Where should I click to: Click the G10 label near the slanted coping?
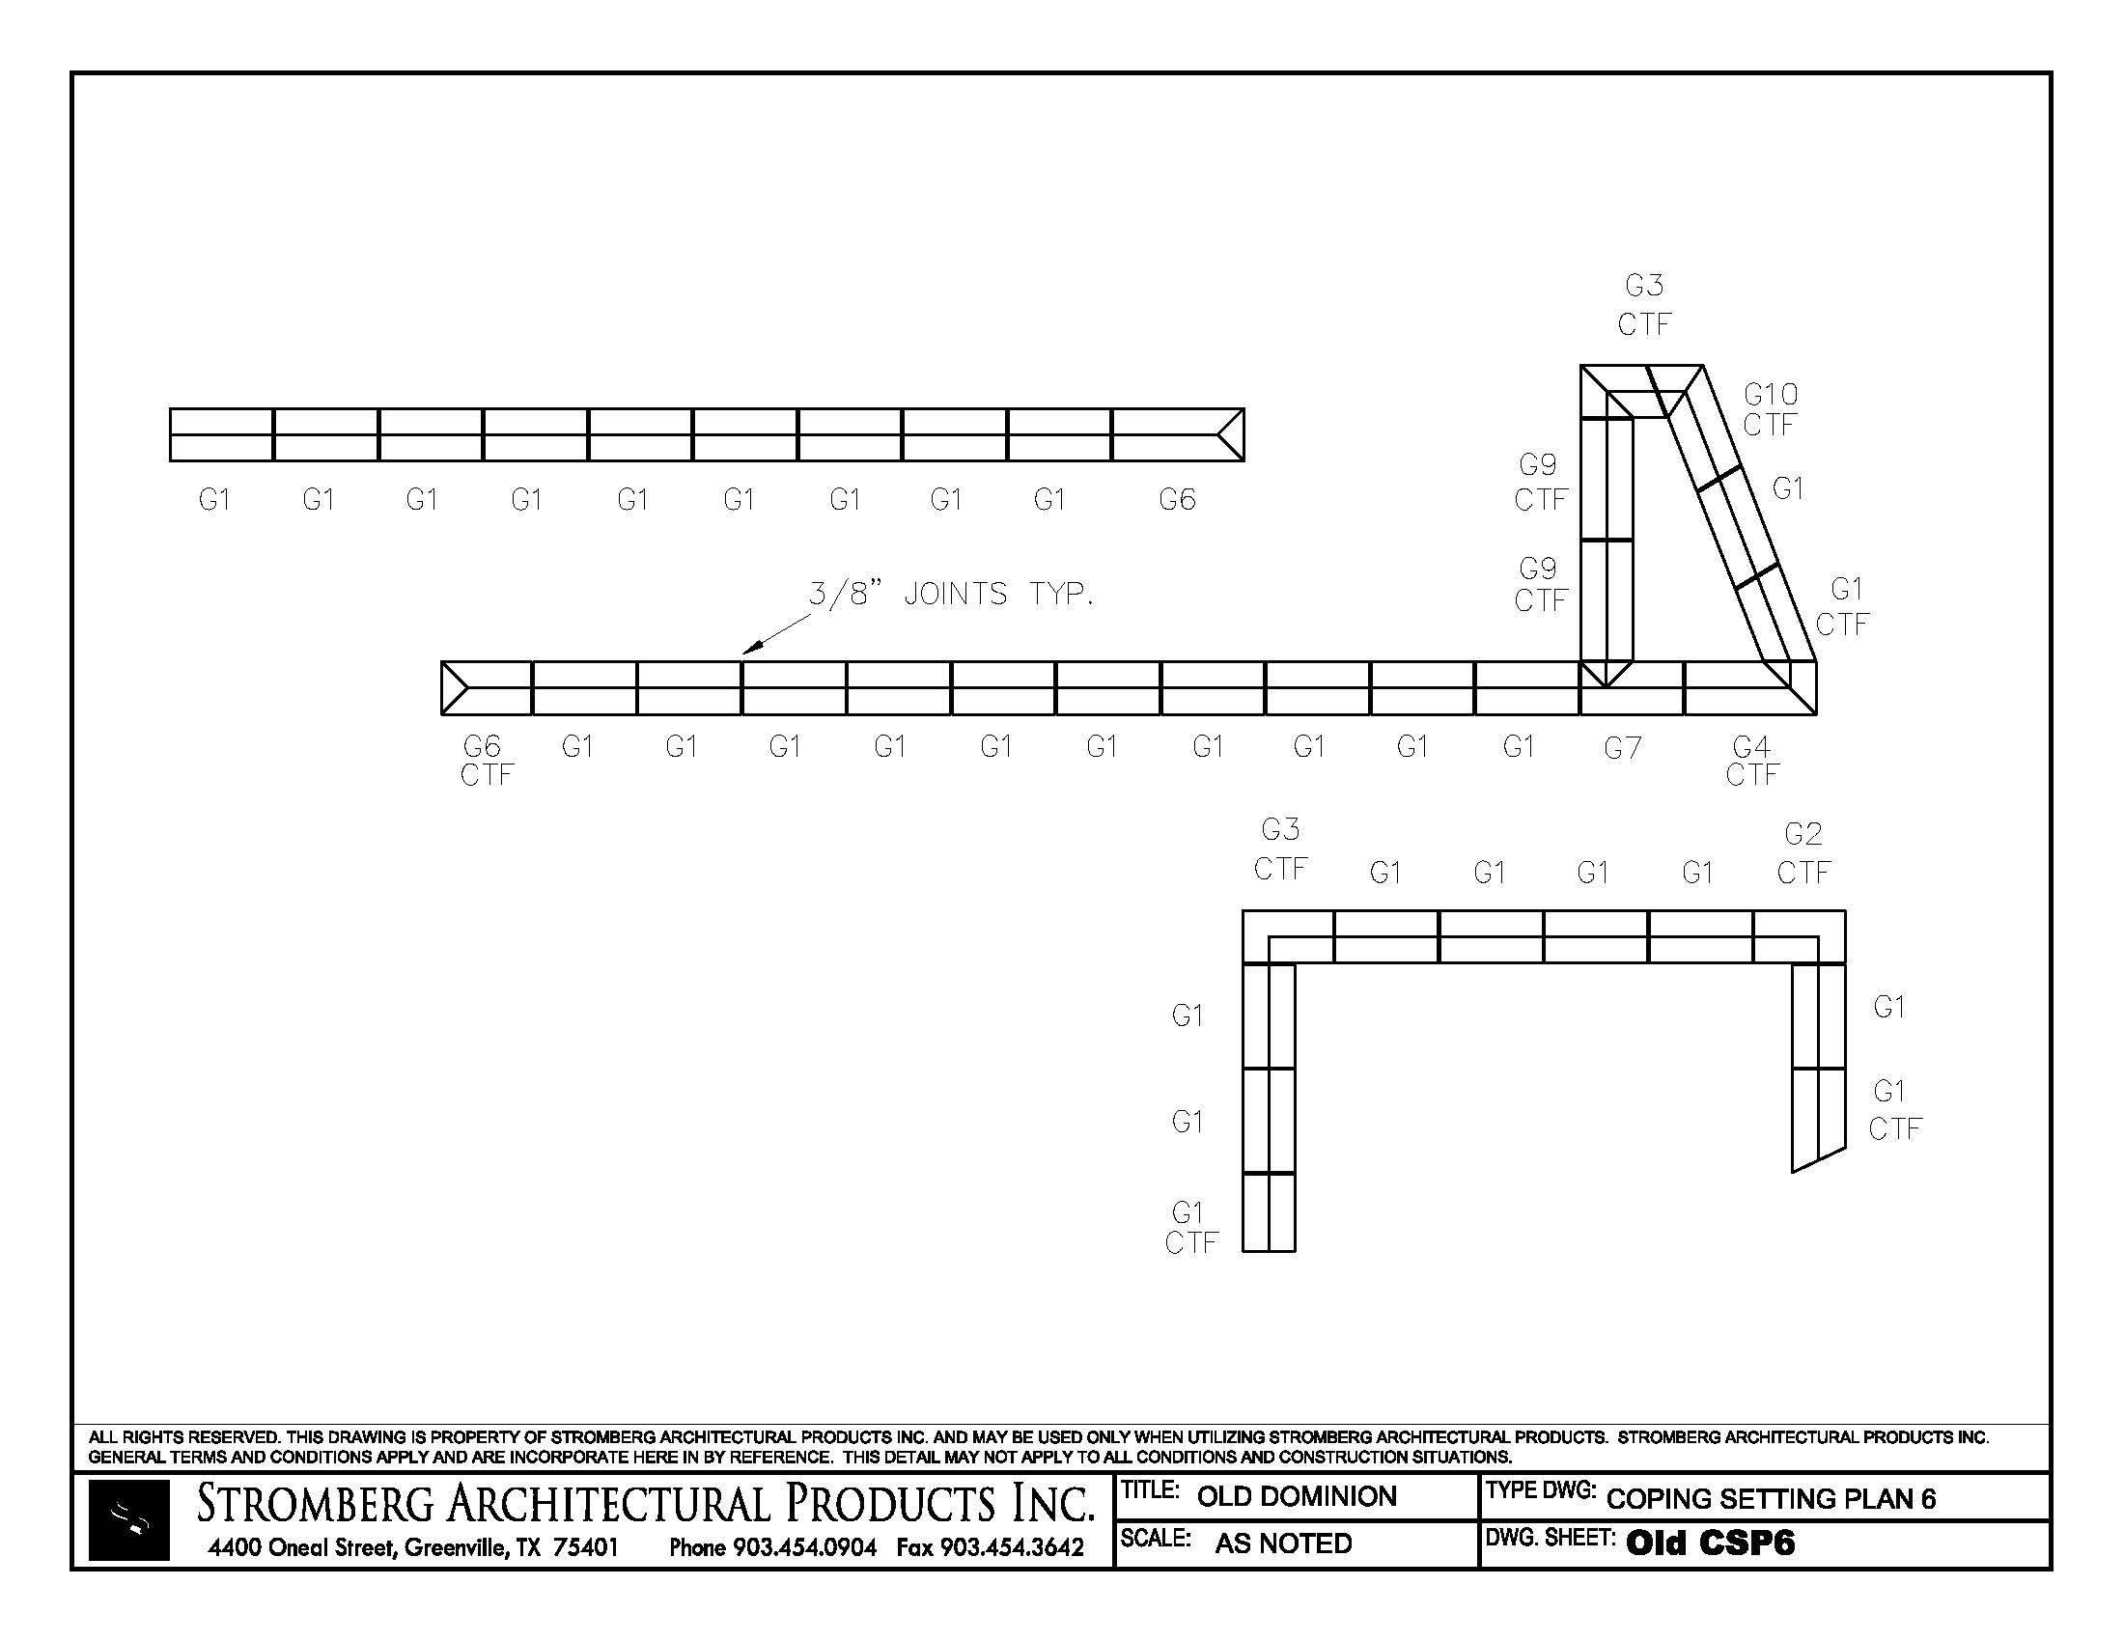click(x=1770, y=395)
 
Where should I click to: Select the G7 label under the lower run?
click(x=1622, y=747)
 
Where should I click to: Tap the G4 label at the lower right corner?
click(x=1751, y=746)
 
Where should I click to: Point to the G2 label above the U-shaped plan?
click(x=1803, y=834)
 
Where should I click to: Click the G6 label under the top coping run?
click(x=1177, y=500)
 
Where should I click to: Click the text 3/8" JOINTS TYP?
click(x=951, y=594)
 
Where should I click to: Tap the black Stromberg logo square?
click(x=128, y=1520)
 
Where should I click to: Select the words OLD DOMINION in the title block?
click(x=1297, y=1496)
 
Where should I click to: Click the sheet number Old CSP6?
click(x=1710, y=1543)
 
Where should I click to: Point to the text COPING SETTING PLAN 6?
click(x=1771, y=1498)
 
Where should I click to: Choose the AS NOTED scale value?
click(x=1283, y=1543)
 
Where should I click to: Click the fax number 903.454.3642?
click(x=1012, y=1547)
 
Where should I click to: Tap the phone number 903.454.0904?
click(x=804, y=1547)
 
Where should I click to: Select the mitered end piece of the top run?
click(x=1178, y=434)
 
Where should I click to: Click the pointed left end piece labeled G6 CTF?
click(x=487, y=688)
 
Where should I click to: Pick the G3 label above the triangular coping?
click(x=1644, y=286)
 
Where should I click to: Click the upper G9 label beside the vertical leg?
click(x=1538, y=465)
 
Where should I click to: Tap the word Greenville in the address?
click(x=454, y=1547)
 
